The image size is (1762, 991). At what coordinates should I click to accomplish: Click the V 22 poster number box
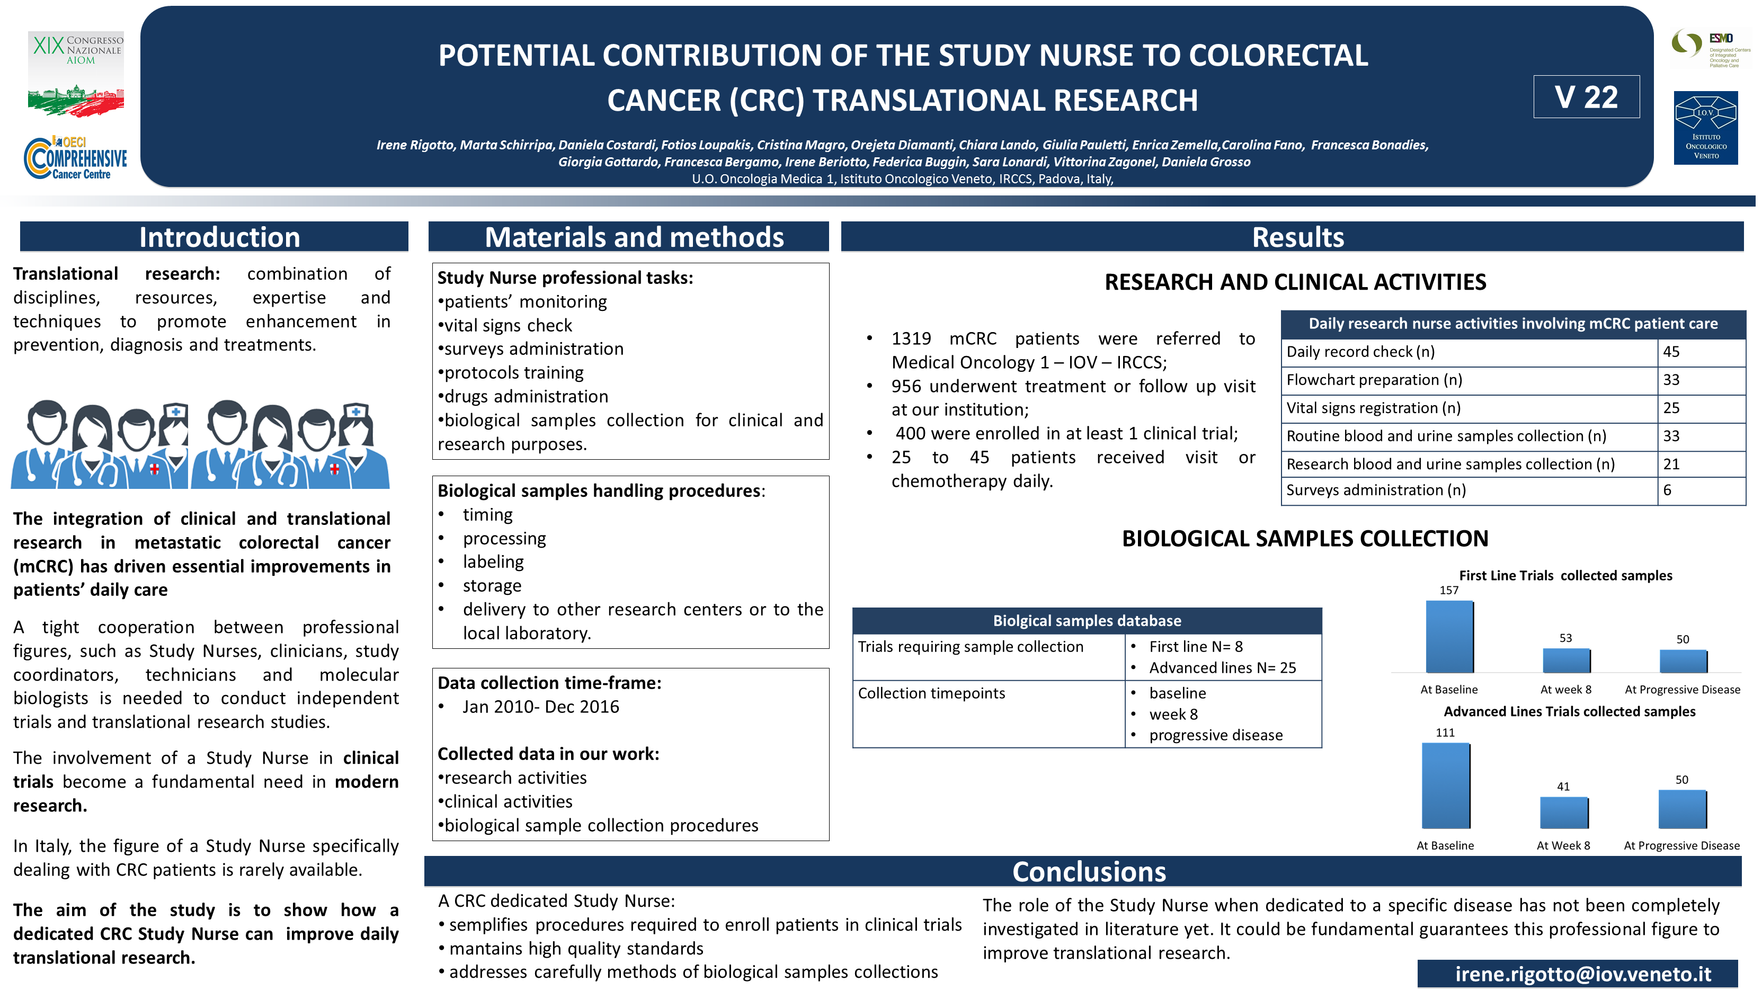1586,97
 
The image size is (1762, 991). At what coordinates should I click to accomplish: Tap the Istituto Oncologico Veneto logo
1705,128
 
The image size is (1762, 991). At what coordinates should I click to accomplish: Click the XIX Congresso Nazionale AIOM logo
76,73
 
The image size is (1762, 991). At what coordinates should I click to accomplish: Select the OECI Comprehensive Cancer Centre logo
76,158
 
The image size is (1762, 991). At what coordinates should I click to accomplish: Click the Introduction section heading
219,237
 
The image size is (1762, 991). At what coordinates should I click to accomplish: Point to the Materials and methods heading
634,237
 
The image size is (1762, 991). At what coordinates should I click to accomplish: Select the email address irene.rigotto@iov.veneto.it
1582,973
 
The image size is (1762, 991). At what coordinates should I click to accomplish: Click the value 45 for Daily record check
1671,352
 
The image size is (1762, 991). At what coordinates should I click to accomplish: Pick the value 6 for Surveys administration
1667,490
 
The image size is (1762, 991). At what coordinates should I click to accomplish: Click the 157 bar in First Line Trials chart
1449,637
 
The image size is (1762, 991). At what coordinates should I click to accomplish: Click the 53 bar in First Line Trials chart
1565,660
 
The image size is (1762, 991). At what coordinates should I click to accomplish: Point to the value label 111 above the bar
1445,733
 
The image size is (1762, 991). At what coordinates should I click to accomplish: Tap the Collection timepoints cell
931,693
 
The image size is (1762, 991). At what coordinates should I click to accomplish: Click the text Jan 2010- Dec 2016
540,707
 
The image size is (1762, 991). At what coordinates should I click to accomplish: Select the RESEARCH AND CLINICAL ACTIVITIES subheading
1295,282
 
